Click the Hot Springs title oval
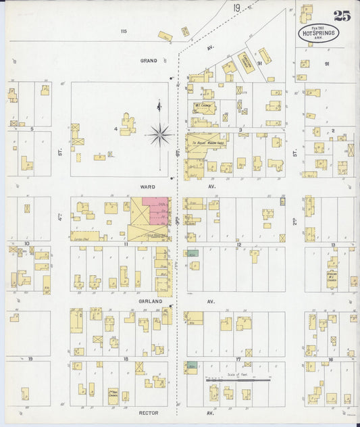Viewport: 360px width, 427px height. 319,33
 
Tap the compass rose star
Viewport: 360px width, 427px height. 161,134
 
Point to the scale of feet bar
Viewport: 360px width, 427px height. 238,380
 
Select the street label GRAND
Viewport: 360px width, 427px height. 149,60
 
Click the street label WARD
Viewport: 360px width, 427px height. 147,186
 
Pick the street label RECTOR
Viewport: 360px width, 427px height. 148,412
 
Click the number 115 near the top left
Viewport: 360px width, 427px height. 123,31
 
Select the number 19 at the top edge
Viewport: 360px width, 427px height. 236,8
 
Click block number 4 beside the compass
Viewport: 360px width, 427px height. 116,128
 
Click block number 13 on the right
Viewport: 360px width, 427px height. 333,244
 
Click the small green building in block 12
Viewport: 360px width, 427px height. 193,253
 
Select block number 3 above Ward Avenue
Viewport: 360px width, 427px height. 240,128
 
